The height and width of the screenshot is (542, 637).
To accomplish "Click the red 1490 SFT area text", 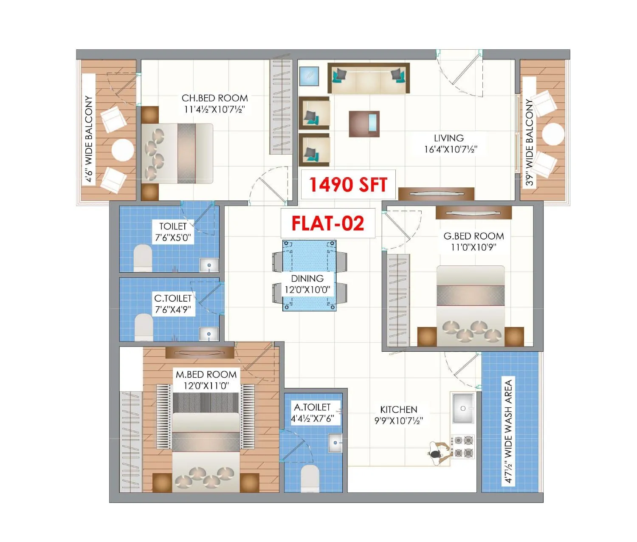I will click(348, 185).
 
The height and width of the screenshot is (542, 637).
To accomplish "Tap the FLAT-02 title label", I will click(327, 223).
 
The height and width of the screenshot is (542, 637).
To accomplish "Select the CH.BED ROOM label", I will click(214, 98).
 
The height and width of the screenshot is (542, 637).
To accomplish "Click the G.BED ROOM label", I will click(474, 236).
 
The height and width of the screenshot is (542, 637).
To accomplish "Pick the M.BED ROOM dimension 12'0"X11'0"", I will click(206, 386).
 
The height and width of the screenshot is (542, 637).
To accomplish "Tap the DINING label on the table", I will click(307, 279).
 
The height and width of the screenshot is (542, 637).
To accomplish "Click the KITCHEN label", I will click(398, 409).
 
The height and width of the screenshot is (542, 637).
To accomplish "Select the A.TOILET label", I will click(312, 407).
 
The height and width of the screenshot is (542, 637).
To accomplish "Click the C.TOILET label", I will click(173, 298).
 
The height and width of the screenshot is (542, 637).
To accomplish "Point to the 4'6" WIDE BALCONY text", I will click(89, 138).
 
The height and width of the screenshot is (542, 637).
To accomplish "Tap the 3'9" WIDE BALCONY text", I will click(529, 142).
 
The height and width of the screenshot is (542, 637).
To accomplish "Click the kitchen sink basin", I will click(463, 408).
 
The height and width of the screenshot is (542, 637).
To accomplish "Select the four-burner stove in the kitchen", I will click(463, 447).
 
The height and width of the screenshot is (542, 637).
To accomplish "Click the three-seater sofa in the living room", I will click(368, 79).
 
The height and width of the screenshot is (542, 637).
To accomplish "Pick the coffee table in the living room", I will click(364, 124).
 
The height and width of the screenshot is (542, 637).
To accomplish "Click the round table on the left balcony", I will click(123, 150).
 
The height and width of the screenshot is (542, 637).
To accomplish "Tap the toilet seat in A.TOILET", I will click(310, 478).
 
